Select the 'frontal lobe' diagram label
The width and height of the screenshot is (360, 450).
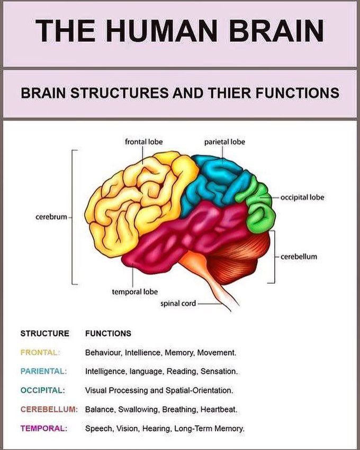pos(143,142)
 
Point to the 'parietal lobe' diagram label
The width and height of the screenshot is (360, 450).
pos(224,142)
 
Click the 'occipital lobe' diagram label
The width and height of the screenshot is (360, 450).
pos(302,197)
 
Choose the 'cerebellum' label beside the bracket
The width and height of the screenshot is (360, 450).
pos(299,257)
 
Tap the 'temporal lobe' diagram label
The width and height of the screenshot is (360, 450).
pos(134,292)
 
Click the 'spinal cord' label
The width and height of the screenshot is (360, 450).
pos(178,303)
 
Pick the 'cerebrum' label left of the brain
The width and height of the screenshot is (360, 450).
pos(51,217)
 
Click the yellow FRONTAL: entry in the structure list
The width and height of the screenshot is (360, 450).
pos(40,353)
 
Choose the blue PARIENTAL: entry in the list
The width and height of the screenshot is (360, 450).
pos(43,371)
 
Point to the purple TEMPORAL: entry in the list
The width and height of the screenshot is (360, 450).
pos(43,428)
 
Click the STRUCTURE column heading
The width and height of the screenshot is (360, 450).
pos(45,334)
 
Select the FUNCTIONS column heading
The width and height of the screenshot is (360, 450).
pos(108,334)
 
